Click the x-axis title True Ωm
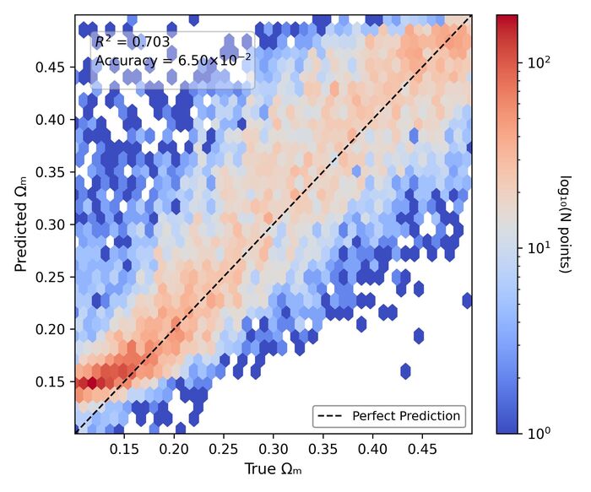(273, 468)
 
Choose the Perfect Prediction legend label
(406, 415)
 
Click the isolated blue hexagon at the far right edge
(467, 300)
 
